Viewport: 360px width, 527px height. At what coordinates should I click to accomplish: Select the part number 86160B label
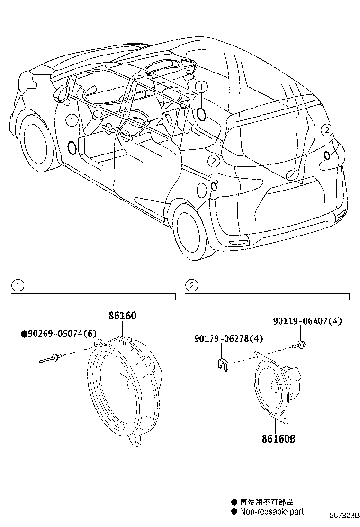(278, 438)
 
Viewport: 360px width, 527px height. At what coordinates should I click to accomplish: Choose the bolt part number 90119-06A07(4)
(307, 321)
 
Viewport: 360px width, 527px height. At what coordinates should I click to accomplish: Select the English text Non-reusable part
(271, 511)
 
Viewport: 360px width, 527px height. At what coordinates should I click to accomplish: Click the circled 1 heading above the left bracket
(18, 285)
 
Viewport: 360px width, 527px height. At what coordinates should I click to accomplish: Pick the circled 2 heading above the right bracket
(191, 285)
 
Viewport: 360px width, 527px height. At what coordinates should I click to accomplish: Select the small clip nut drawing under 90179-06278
(222, 363)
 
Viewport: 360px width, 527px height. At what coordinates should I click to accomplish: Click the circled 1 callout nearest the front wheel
(71, 121)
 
